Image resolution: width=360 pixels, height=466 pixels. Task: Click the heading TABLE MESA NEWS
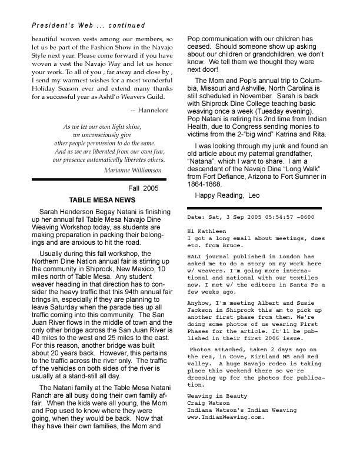tap(102, 200)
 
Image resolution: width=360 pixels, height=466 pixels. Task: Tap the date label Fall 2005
tap(144, 188)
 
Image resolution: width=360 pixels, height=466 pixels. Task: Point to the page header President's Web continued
tap(78, 26)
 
